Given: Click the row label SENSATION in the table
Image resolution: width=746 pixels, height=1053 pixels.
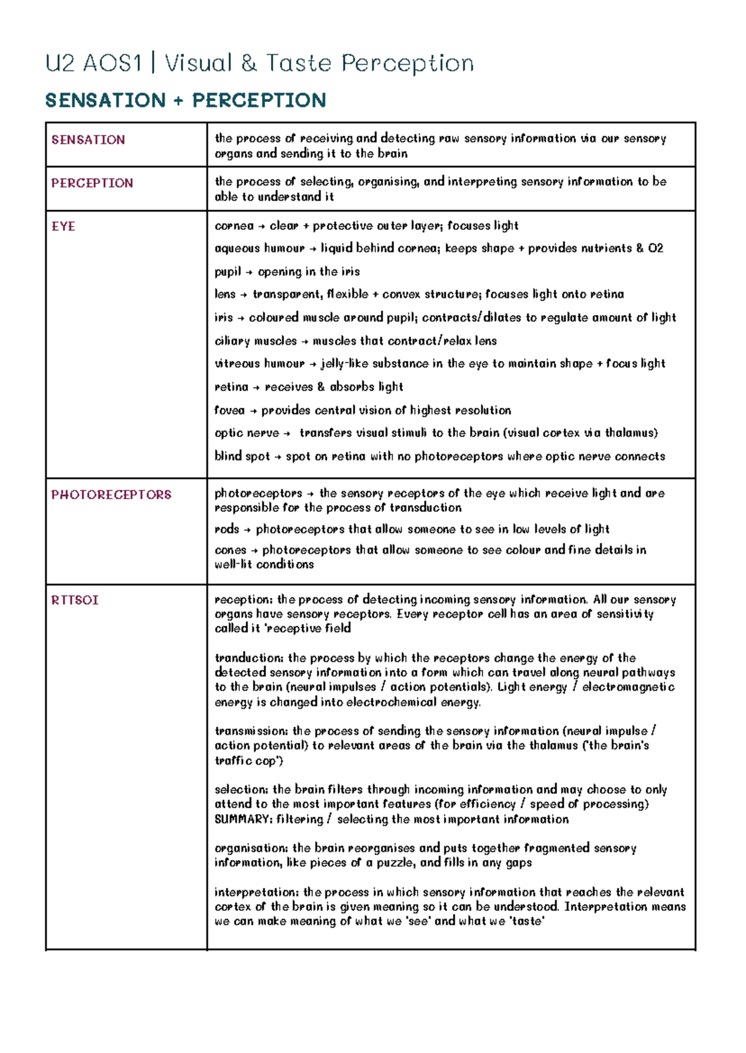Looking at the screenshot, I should pos(88,140).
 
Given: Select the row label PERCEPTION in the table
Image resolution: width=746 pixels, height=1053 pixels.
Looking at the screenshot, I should pos(92,183).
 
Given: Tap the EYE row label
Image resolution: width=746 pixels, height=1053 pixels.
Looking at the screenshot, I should pos(63,226).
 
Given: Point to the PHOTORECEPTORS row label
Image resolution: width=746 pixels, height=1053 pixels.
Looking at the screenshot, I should pos(111,495).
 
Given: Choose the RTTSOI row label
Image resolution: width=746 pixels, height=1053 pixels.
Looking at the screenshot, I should pos(75,600).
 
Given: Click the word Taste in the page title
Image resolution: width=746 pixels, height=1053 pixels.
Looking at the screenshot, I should pos(299,63).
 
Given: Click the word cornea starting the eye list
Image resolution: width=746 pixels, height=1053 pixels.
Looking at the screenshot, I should pos(234,226).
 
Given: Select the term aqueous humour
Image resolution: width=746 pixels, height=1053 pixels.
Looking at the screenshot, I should pos(259,249).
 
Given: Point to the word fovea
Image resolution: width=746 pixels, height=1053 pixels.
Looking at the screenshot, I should pos(229,410).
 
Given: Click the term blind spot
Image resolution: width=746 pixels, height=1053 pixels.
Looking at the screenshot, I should pos(242,456).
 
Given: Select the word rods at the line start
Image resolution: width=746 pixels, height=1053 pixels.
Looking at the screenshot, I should pos(226,530).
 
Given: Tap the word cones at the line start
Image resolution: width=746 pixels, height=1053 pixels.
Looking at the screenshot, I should pos(230,550).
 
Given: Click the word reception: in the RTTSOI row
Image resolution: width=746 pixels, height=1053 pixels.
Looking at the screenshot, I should pos(244,600).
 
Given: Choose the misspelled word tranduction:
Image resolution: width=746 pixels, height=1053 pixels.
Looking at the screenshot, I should pos(249,658).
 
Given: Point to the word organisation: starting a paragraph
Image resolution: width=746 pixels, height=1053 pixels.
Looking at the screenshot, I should pos(251,848).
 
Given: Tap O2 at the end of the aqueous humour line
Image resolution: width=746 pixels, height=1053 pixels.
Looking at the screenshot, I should pos(655,249).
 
